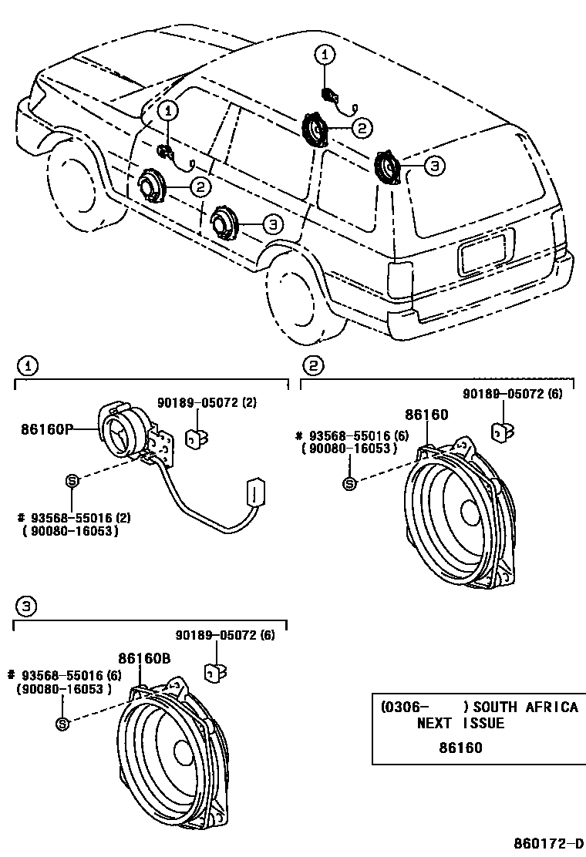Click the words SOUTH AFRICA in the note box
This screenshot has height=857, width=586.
point(526,707)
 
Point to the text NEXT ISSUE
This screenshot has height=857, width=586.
point(460,724)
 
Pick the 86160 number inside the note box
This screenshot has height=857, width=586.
point(460,748)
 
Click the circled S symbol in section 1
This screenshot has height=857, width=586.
point(72,481)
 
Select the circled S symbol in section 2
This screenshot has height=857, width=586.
point(349,484)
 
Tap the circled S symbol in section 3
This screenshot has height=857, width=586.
point(63,724)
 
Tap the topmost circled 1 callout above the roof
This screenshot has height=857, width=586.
point(325,54)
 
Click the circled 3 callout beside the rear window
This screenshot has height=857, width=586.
point(433,165)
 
